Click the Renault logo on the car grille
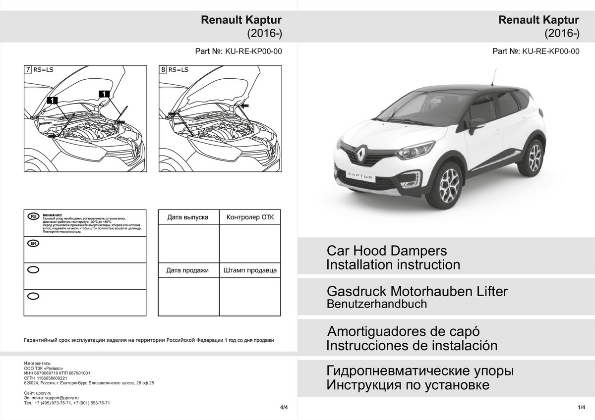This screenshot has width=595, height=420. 361,153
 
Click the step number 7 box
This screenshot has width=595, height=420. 28,70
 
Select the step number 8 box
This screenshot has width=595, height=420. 163,70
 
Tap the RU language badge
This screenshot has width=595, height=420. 33,216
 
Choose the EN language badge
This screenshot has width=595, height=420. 33,243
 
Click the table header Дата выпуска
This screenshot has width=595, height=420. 188,217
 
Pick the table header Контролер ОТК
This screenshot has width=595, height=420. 249,217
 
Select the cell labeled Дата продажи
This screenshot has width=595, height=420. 188,270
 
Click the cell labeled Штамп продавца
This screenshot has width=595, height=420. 249,270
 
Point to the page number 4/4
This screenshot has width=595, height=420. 284,407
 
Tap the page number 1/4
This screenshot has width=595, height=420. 582,407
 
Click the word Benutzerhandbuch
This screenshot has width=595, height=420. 376,304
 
